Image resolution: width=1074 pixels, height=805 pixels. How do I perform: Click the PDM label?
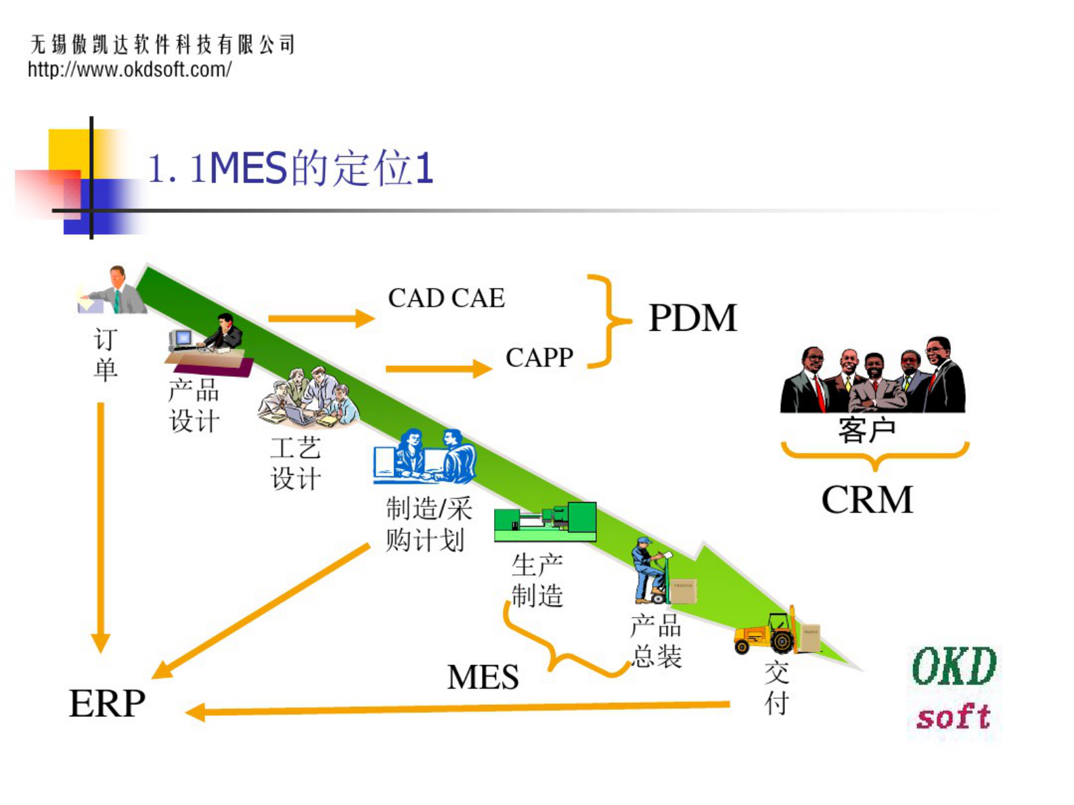pyautogui.click(x=692, y=318)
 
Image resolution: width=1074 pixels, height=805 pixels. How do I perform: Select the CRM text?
pyautogui.click(x=867, y=500)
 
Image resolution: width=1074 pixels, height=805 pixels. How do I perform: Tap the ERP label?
pyautogui.click(x=107, y=704)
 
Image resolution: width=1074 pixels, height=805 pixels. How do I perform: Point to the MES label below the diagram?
pyautogui.click(x=483, y=676)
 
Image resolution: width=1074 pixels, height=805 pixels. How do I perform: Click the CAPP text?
pyautogui.click(x=539, y=357)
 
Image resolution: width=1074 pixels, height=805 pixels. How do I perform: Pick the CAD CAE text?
pyautogui.click(x=446, y=298)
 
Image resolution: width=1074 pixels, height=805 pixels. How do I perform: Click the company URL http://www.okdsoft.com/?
pyautogui.click(x=129, y=69)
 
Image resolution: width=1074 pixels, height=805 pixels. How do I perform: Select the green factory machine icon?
pyautogui.click(x=545, y=522)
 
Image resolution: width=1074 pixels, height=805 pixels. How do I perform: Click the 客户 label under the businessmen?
pyautogui.click(x=867, y=430)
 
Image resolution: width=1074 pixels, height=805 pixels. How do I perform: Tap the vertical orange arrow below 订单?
pyautogui.click(x=101, y=528)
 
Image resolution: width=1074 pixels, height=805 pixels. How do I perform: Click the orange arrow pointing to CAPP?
pyautogui.click(x=438, y=369)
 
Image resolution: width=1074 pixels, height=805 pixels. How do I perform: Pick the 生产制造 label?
pyautogui.click(x=537, y=580)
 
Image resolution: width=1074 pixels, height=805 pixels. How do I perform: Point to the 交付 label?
pyautogui.click(x=776, y=687)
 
